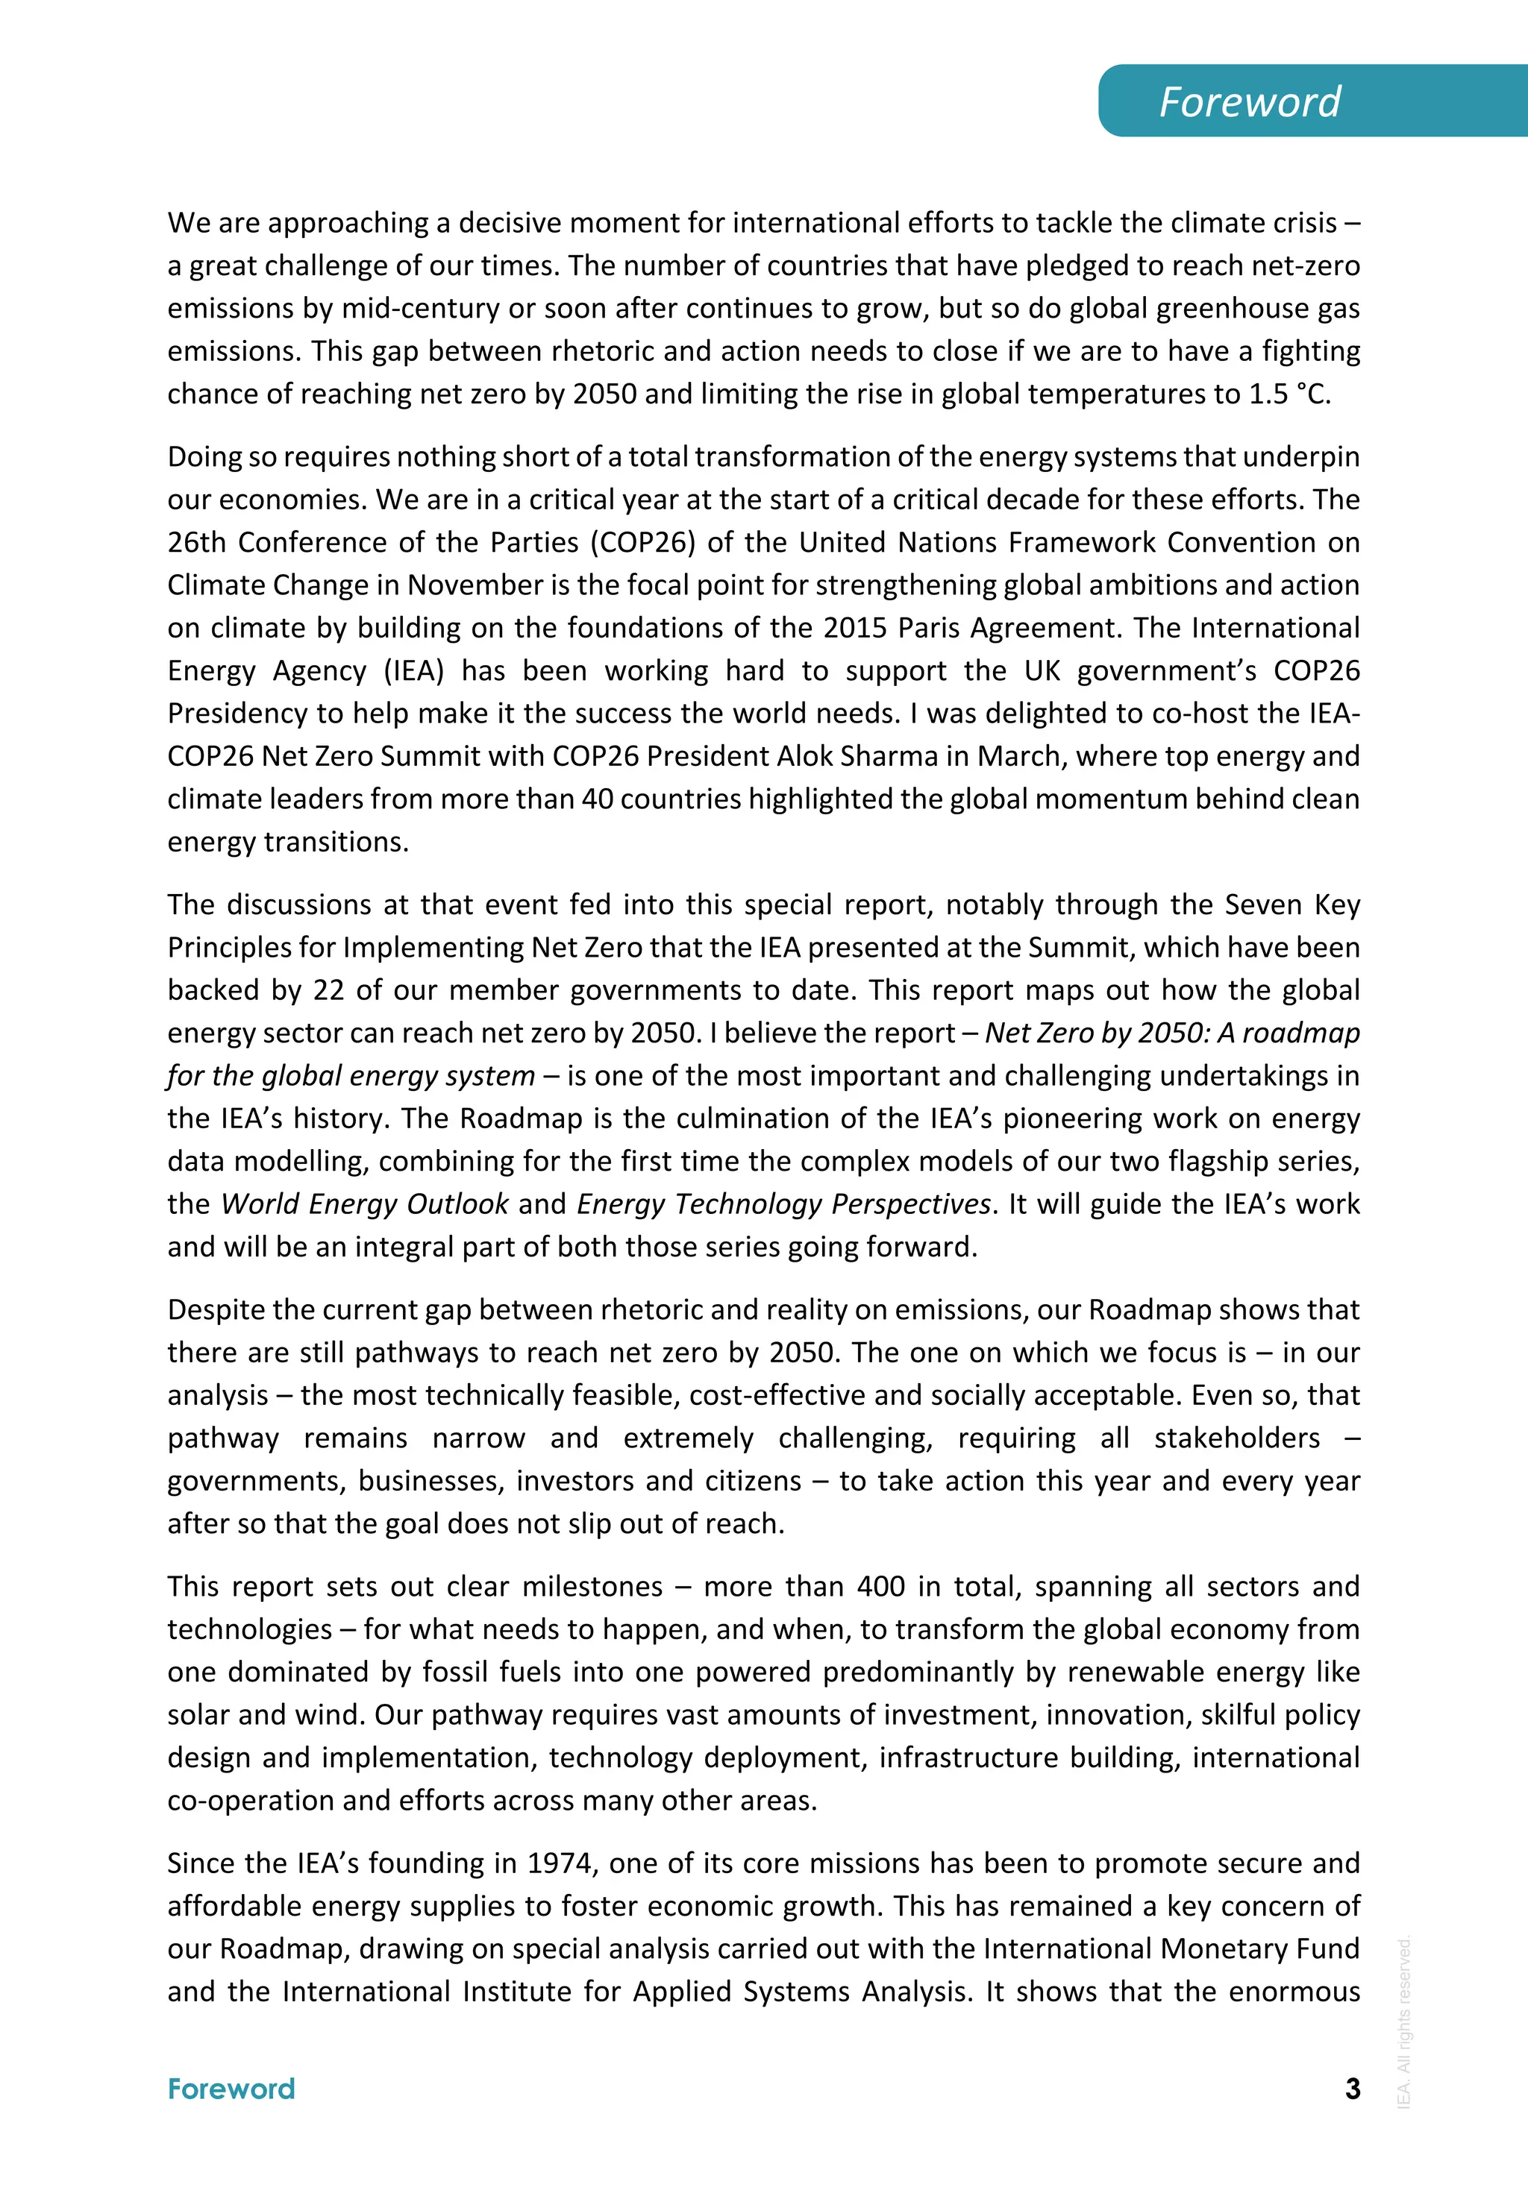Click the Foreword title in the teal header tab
click(x=1250, y=101)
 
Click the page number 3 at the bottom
click(x=1352, y=2088)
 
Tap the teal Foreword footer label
click(x=231, y=2089)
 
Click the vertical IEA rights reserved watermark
click(x=1403, y=2022)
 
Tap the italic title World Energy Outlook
click(x=365, y=1204)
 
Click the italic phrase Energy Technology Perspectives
click(x=783, y=1204)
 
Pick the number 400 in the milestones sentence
click(x=880, y=1587)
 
